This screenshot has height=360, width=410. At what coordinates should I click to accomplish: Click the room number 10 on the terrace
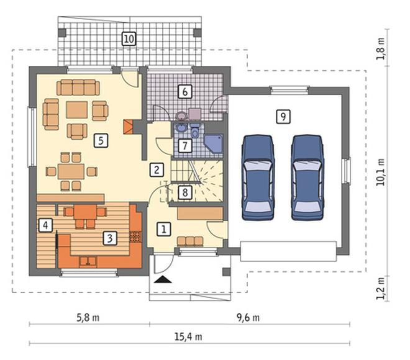point(129,38)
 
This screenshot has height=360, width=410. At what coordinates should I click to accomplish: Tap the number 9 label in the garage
point(283,116)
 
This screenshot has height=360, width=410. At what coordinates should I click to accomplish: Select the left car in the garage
point(258,178)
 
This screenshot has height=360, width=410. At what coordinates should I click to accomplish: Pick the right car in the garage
point(307,178)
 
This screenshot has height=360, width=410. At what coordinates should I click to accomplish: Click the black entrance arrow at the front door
point(163,279)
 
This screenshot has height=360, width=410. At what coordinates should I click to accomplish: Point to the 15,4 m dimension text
point(188,337)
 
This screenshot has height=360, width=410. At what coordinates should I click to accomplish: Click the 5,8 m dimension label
point(88,318)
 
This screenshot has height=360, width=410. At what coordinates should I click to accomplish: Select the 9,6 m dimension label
point(248,318)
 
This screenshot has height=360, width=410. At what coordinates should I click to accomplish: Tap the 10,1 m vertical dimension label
point(380,172)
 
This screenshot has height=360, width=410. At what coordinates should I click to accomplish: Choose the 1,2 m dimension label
point(380,288)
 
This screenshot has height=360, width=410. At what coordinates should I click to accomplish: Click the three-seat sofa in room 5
point(78,88)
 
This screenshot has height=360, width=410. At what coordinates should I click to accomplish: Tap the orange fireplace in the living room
point(128,127)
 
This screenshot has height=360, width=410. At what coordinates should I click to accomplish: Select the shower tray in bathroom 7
point(214,143)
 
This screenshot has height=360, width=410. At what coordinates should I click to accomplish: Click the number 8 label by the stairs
point(185,192)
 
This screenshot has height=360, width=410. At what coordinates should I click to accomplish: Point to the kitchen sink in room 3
point(88,261)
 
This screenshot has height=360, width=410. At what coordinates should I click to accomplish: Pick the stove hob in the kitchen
point(135,237)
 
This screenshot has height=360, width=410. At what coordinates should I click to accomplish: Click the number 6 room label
point(185,92)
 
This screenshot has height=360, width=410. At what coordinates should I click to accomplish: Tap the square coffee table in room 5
point(76,110)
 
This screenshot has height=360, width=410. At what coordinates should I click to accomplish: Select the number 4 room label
point(45,225)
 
